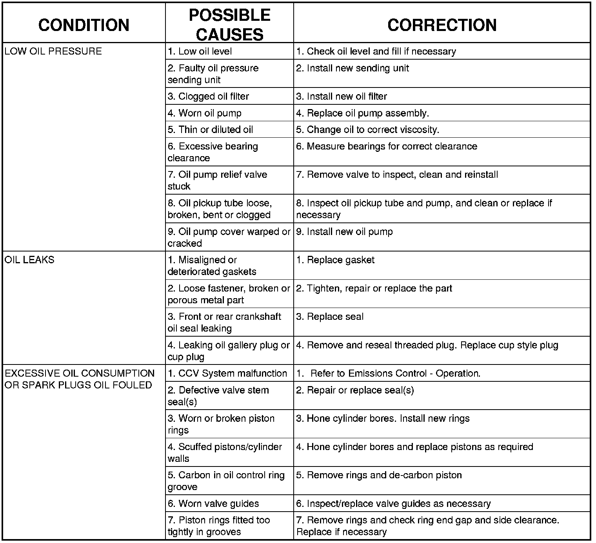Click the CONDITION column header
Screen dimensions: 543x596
click(x=84, y=25)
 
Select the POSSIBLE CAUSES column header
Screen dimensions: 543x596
click(x=229, y=25)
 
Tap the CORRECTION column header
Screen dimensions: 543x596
click(x=442, y=25)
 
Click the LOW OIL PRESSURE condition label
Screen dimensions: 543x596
click(x=53, y=51)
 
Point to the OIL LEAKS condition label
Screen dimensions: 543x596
click(x=29, y=260)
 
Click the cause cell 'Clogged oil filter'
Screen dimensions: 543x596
click(x=208, y=97)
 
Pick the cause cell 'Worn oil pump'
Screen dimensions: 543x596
click(x=205, y=113)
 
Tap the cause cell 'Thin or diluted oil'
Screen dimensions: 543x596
click(x=210, y=130)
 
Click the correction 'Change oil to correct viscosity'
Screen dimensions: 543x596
click(x=367, y=130)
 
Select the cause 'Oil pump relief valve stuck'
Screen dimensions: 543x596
click(x=217, y=180)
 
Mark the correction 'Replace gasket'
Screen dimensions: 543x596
click(x=335, y=260)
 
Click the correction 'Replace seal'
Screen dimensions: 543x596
click(x=330, y=317)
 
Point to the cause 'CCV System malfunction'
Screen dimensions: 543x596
click(x=227, y=374)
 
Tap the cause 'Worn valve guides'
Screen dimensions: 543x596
click(x=213, y=504)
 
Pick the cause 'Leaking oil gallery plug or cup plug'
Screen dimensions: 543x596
click(x=229, y=351)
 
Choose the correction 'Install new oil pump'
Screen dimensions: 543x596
click(x=344, y=232)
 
